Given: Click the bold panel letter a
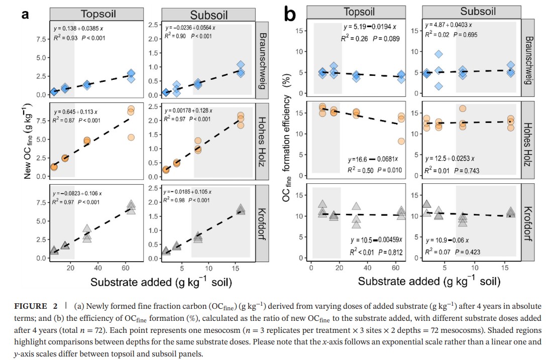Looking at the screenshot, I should pos(25,15).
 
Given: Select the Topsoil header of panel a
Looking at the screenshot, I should pos(104,14).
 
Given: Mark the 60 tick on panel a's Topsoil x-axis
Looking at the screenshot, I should pos(126,268).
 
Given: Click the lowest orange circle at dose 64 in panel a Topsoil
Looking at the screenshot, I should pos(131,137).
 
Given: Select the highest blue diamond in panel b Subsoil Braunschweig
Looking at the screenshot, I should pos(439,54).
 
